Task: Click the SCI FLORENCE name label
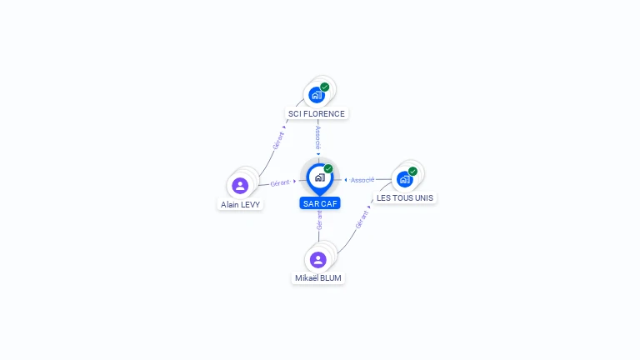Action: [316, 114]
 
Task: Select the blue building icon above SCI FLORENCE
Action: [316, 95]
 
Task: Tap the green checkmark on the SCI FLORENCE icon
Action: [325, 87]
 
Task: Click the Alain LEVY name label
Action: [241, 204]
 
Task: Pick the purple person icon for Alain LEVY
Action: [240, 185]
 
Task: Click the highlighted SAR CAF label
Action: [321, 203]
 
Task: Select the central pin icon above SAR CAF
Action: [318, 177]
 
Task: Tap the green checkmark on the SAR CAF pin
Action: [328, 168]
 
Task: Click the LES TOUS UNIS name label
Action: [405, 198]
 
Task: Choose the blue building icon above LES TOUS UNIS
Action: [404, 179]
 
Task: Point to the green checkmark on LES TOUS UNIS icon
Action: [412, 171]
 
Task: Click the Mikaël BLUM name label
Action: [318, 278]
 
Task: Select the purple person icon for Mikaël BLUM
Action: [317, 259]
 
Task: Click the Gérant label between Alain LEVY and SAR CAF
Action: [280, 182]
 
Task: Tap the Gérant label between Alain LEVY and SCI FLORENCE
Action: [278, 139]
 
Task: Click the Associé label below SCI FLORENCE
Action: [318, 137]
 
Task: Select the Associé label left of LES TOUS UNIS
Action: [362, 180]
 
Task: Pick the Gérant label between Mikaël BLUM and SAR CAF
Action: [319, 220]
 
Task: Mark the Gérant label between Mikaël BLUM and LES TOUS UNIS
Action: [361, 219]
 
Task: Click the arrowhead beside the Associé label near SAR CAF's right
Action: [346, 180]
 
